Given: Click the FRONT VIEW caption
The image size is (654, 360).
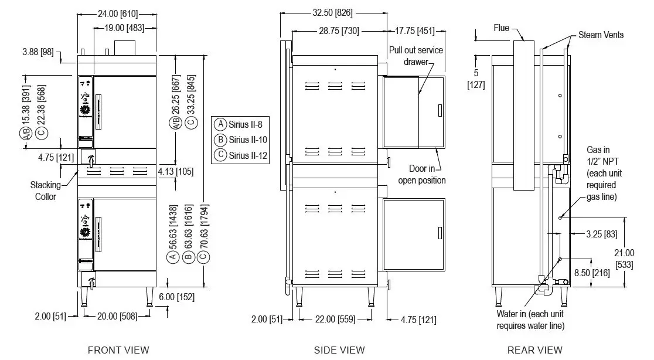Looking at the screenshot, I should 118,350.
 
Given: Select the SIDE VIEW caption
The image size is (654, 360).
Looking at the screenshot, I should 339,350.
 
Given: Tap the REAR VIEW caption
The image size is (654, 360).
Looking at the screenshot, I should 534,350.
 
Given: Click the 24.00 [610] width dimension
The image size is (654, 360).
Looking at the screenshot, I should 117,12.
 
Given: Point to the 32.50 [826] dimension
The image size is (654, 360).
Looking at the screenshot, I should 333,12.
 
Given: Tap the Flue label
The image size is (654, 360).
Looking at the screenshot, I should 501,28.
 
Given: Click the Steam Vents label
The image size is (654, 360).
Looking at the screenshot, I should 601,35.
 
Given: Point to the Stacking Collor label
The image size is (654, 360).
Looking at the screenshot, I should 46,191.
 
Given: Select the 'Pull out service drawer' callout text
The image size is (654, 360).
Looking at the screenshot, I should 416,56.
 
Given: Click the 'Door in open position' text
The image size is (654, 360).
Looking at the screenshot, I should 422,174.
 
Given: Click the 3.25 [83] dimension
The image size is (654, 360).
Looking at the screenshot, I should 602,235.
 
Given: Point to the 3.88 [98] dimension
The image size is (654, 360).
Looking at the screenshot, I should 38,52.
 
